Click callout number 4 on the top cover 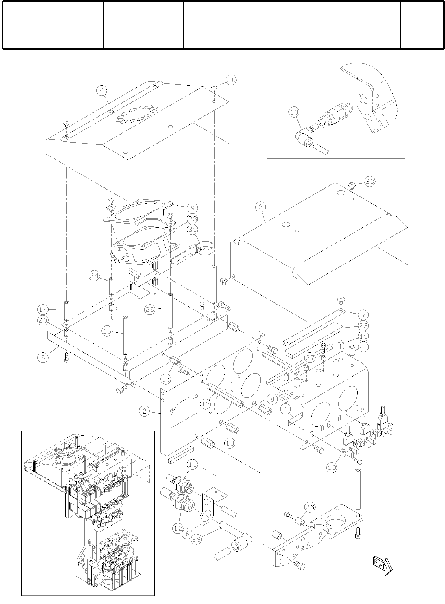pyautogui.click(x=101, y=90)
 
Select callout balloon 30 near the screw pyautogui.click(x=230, y=80)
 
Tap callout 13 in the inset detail pyautogui.click(x=293, y=112)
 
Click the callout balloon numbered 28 pyautogui.click(x=370, y=181)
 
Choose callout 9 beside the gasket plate pyautogui.click(x=192, y=208)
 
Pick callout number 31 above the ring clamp pyautogui.click(x=192, y=230)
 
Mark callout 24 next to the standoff pyautogui.click(x=94, y=276)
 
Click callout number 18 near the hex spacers pyautogui.click(x=229, y=443)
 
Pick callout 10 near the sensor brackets pyautogui.click(x=332, y=467)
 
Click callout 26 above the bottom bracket pyautogui.click(x=310, y=507)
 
